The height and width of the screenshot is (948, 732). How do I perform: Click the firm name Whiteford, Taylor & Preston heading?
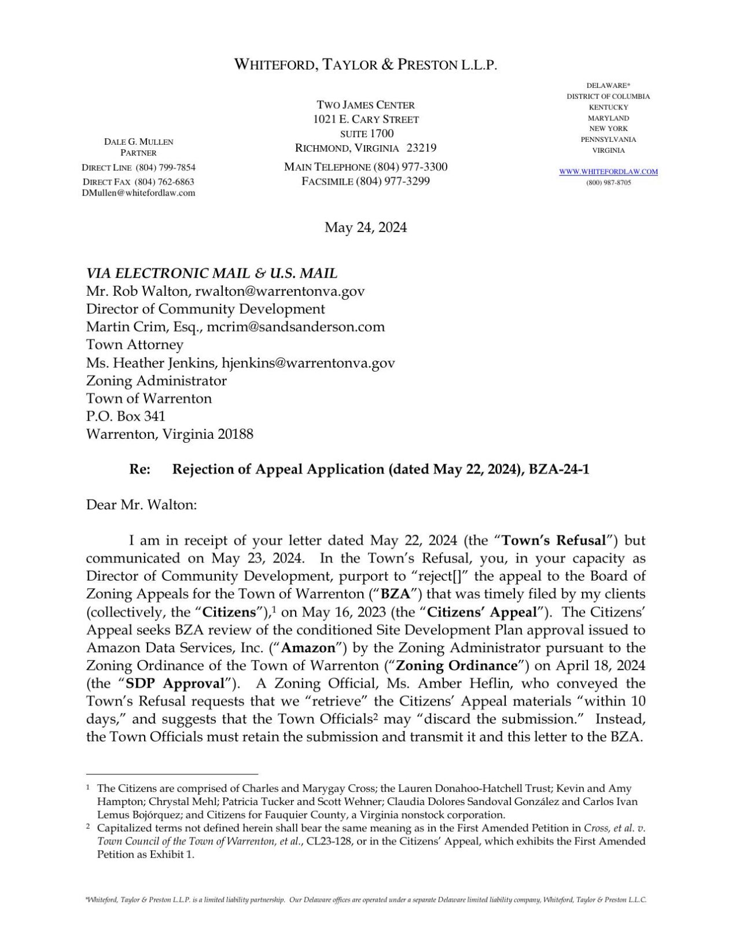click(366, 65)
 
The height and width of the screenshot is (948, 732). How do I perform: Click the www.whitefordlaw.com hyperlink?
click(608, 171)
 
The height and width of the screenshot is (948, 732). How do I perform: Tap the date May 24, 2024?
click(366, 227)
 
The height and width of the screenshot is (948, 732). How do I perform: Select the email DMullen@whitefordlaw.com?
click(138, 193)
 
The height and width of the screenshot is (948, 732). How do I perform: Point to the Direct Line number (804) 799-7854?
click(165, 168)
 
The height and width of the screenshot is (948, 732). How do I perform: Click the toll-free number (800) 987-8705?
click(608, 182)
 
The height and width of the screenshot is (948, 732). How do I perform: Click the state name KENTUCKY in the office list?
click(608, 107)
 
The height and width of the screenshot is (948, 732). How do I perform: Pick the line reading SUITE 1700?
click(366, 133)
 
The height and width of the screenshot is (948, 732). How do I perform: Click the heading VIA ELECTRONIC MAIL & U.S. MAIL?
click(212, 273)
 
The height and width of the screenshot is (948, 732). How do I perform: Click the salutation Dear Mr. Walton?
click(142, 505)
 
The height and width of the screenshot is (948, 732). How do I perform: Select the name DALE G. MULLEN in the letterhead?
click(138, 141)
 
